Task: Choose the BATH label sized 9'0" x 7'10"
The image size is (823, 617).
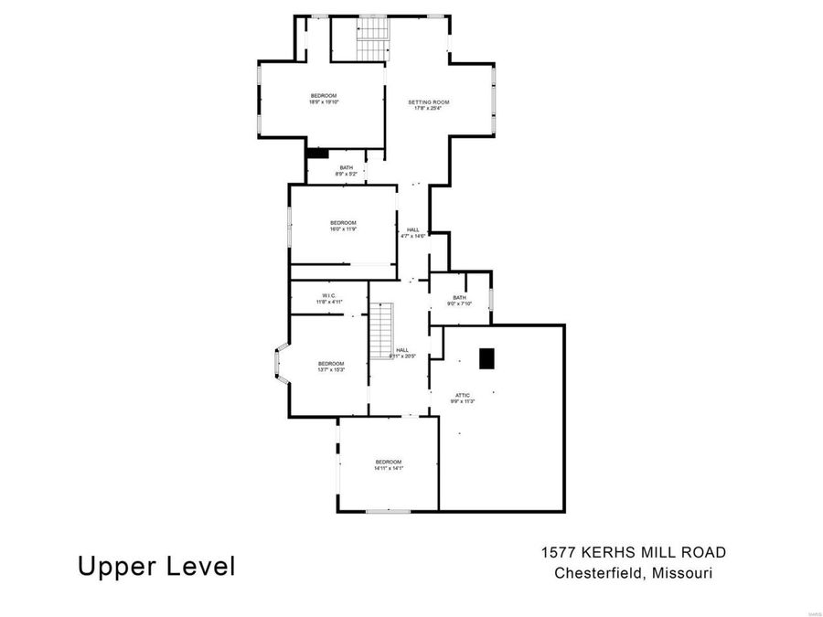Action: tap(459, 300)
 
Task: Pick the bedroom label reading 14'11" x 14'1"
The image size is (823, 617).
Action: tap(388, 465)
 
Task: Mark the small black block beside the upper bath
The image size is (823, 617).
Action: tap(317, 154)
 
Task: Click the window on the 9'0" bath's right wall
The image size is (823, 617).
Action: tap(491, 299)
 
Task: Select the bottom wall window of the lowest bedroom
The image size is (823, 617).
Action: tap(388, 511)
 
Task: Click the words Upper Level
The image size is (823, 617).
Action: tap(156, 566)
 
